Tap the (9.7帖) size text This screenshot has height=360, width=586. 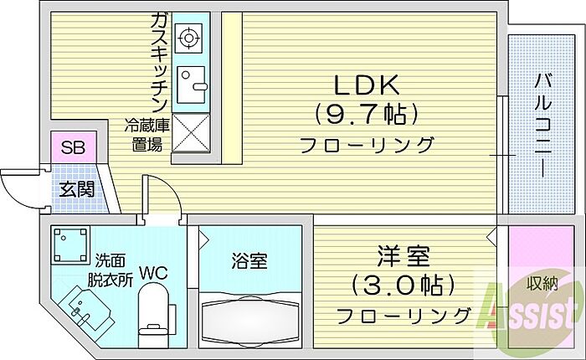pos(367,113)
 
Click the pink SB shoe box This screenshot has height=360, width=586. pos(73,149)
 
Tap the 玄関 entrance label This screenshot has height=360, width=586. pos(75,188)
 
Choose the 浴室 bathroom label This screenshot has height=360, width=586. pos(249,260)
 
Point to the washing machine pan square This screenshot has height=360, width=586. pos(69,245)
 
